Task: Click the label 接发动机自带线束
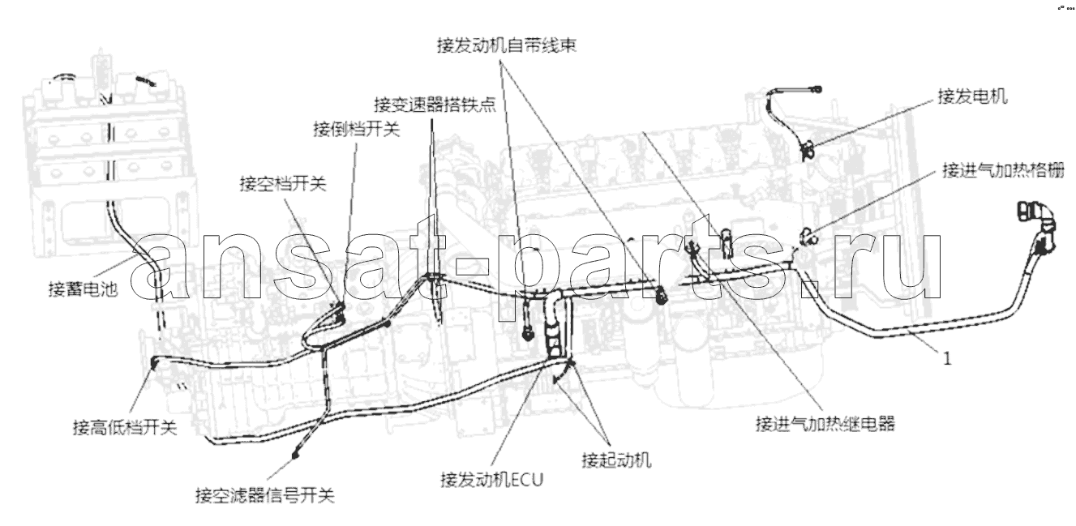click(x=506, y=45)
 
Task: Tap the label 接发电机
click(x=972, y=96)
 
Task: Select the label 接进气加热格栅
click(x=1003, y=170)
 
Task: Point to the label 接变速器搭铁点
click(x=435, y=104)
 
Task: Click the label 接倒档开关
click(x=357, y=129)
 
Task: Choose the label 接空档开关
click(x=283, y=184)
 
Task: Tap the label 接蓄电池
click(x=83, y=289)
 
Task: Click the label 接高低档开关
click(x=125, y=427)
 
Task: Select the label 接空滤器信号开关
click(x=264, y=495)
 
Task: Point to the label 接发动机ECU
click(x=491, y=480)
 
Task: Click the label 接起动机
click(x=616, y=460)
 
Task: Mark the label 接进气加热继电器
click(x=825, y=424)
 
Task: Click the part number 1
click(x=947, y=359)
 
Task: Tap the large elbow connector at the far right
click(x=1038, y=225)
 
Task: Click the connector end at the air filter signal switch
click(x=295, y=454)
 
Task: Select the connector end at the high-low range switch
click(x=155, y=362)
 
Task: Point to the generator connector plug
click(x=807, y=151)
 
